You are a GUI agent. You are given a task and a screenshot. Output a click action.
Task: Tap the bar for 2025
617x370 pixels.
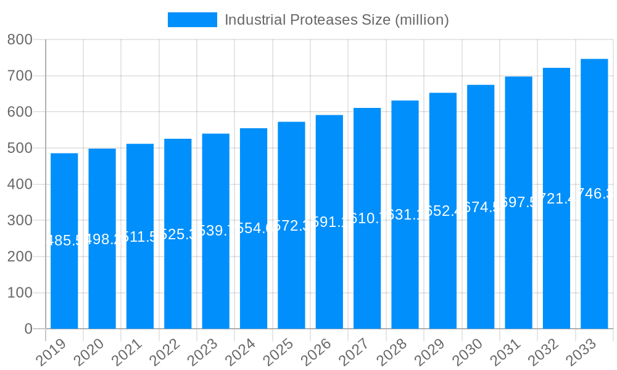pyautogui.click(x=291, y=259)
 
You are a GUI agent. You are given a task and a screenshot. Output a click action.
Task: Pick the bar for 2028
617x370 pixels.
pyautogui.click(x=405, y=259)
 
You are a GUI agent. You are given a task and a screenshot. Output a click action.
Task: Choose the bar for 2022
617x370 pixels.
pyautogui.click(x=178, y=259)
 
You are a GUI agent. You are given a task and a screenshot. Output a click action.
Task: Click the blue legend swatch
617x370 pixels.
pyautogui.click(x=192, y=20)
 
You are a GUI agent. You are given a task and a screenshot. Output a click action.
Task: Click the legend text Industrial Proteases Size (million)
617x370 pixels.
pyautogui.click(x=336, y=20)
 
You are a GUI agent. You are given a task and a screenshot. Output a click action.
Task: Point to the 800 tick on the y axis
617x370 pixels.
pyautogui.click(x=20, y=40)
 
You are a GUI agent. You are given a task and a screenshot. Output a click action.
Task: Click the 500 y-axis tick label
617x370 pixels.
pyautogui.click(x=20, y=149)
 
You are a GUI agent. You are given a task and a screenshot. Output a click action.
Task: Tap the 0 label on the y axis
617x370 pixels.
pyautogui.click(x=28, y=329)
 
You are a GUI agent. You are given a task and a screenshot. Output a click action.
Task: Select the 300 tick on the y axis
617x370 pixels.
pyautogui.click(x=20, y=221)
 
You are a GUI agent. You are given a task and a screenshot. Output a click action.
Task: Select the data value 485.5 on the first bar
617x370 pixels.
pyautogui.click(x=64, y=240)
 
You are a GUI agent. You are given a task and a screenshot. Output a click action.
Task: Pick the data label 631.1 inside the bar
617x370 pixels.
pyautogui.click(x=405, y=215)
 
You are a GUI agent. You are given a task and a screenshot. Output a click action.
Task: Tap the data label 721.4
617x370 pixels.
pyautogui.click(x=557, y=198)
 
